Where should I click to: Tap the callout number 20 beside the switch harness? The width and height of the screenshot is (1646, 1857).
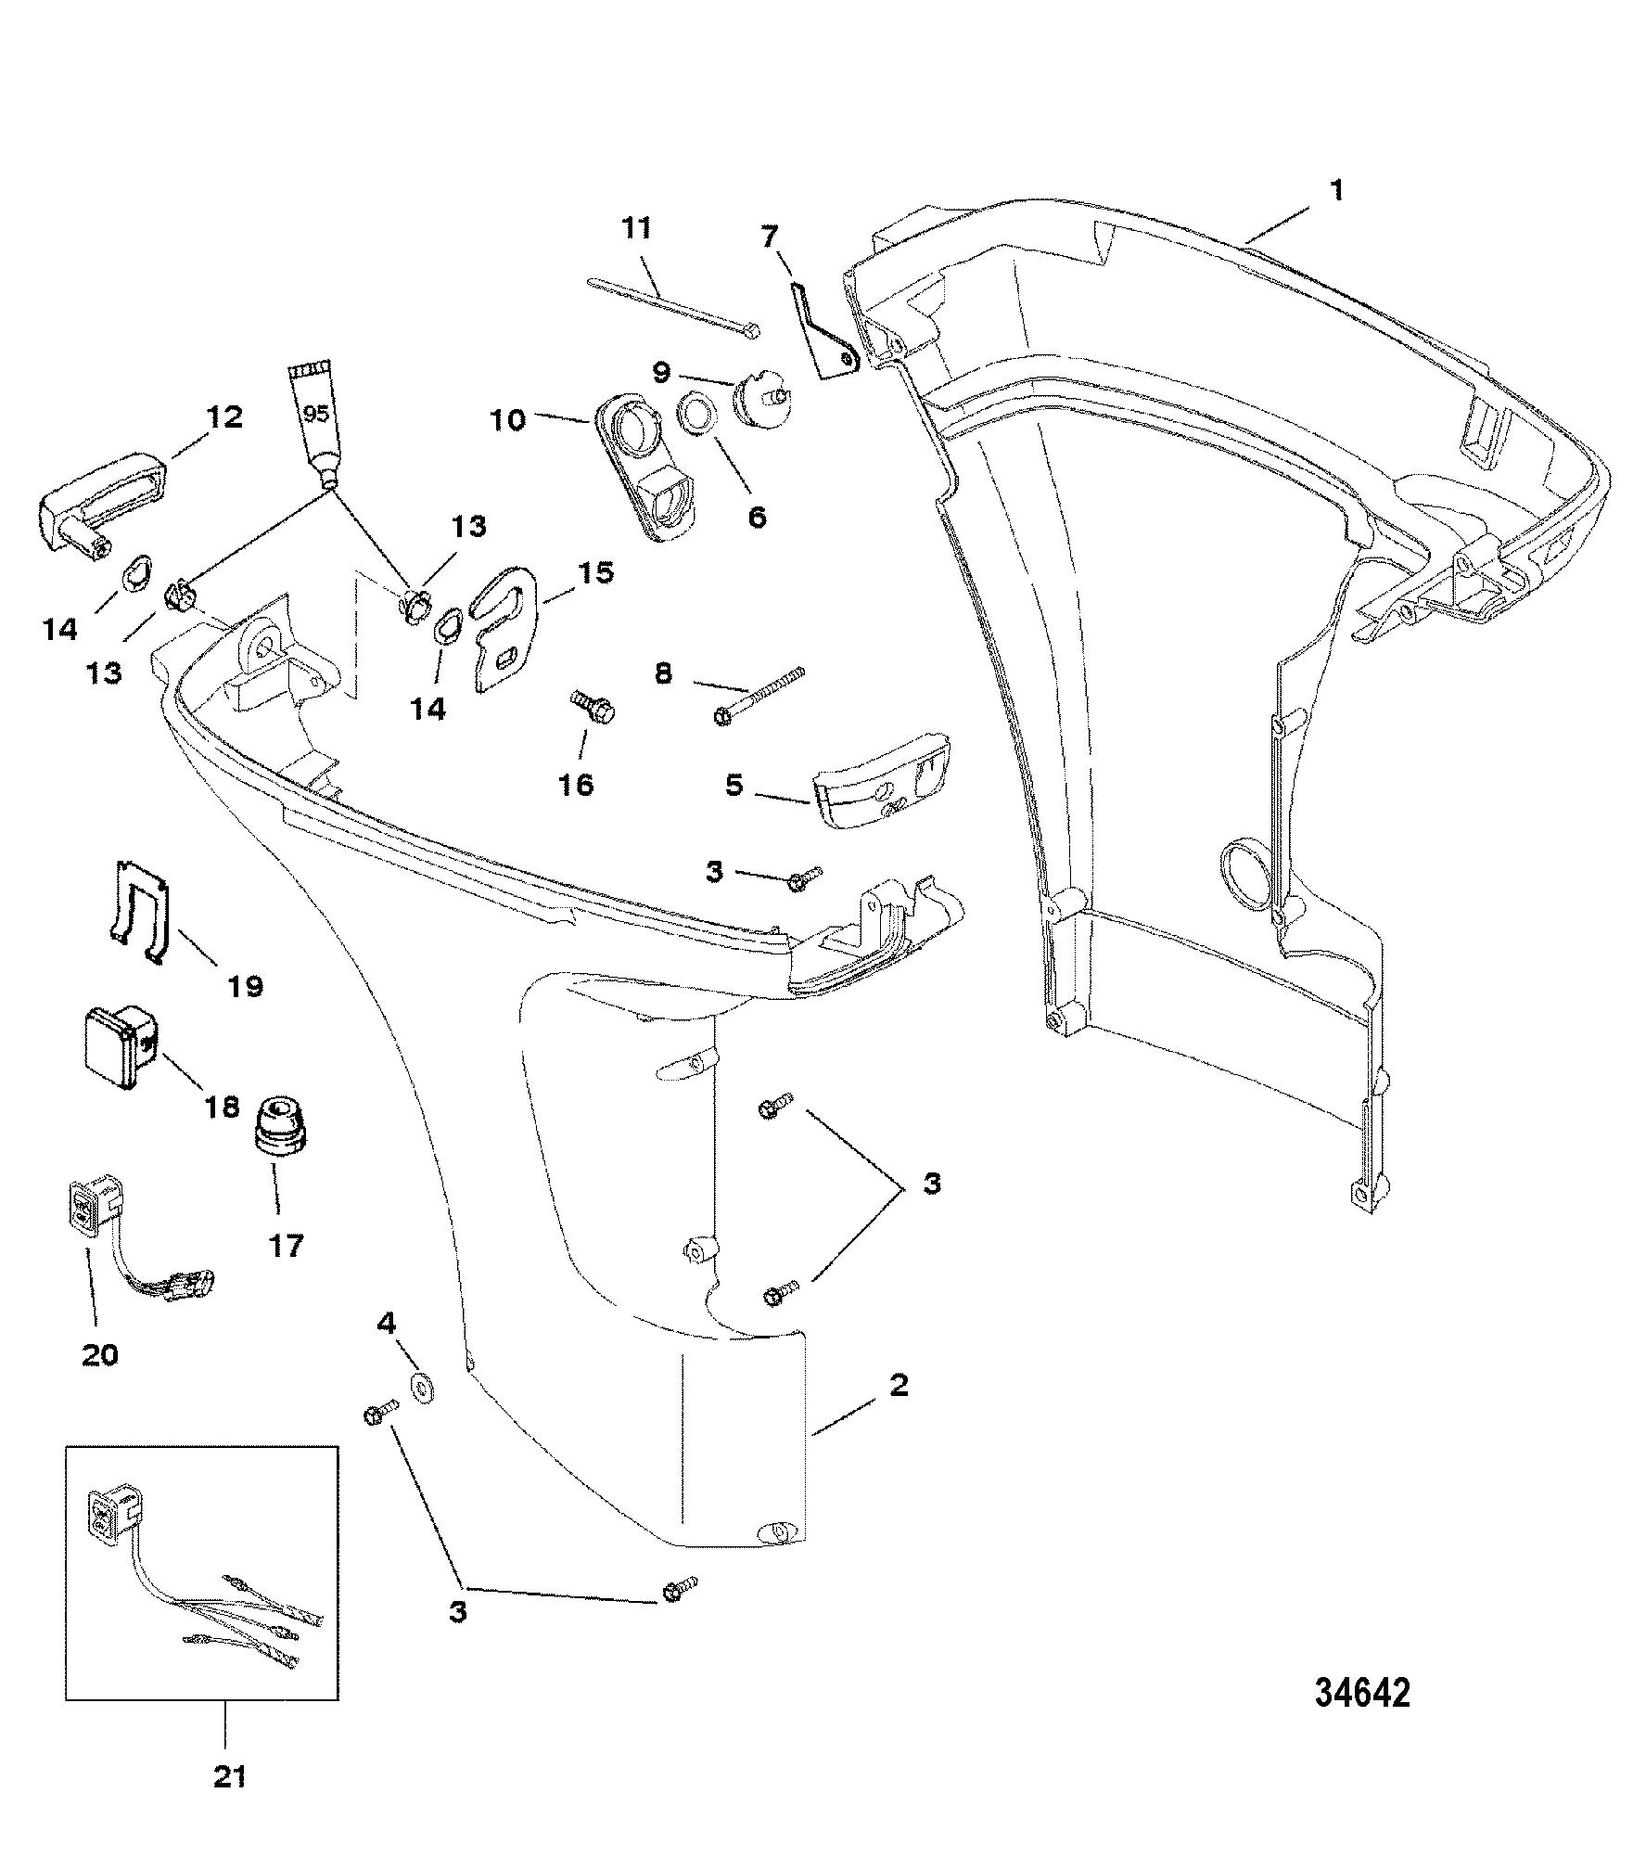tap(100, 1355)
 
